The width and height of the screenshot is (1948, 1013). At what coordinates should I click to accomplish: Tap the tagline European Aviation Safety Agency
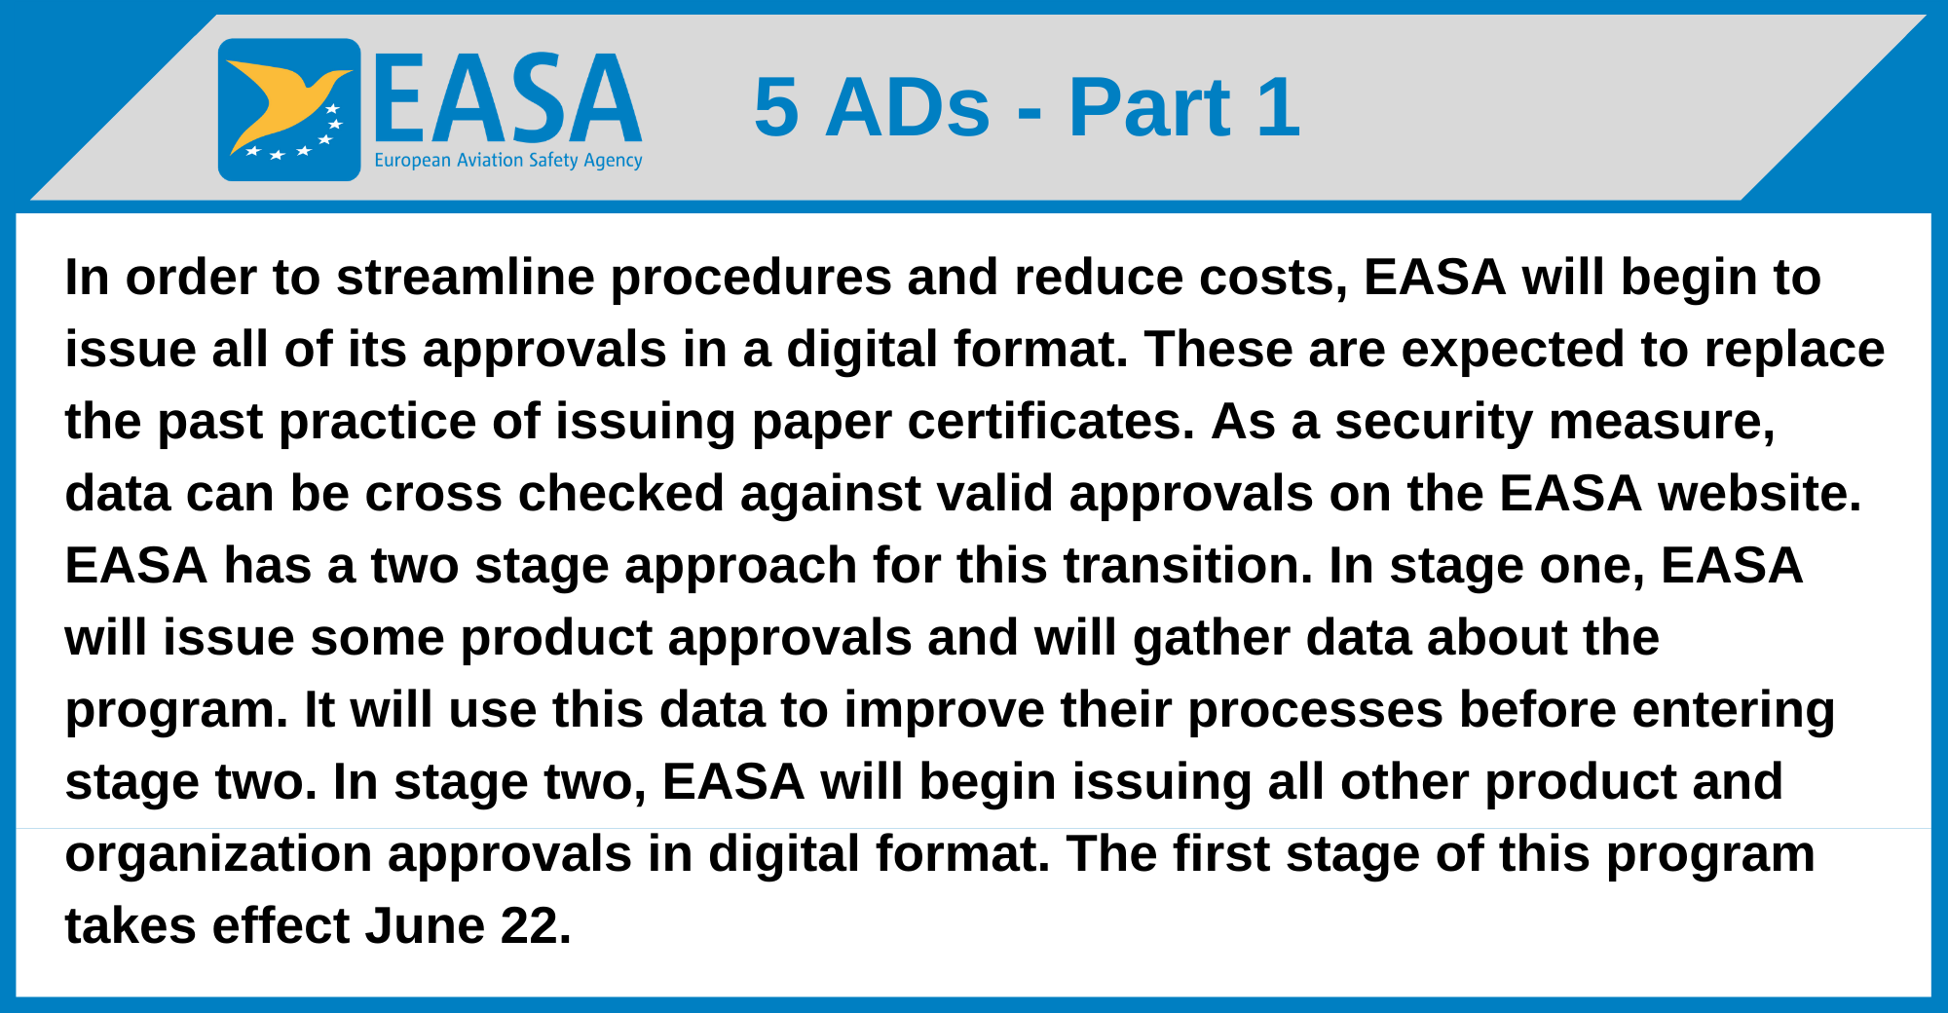(x=508, y=160)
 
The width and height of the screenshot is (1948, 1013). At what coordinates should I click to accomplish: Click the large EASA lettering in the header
(x=507, y=98)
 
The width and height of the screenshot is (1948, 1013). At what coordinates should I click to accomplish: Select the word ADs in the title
(x=908, y=107)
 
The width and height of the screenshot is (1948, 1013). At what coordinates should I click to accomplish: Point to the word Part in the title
(x=1149, y=107)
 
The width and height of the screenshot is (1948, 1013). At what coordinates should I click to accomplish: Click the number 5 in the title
(x=776, y=107)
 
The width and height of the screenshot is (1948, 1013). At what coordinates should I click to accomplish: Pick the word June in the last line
(x=425, y=926)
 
